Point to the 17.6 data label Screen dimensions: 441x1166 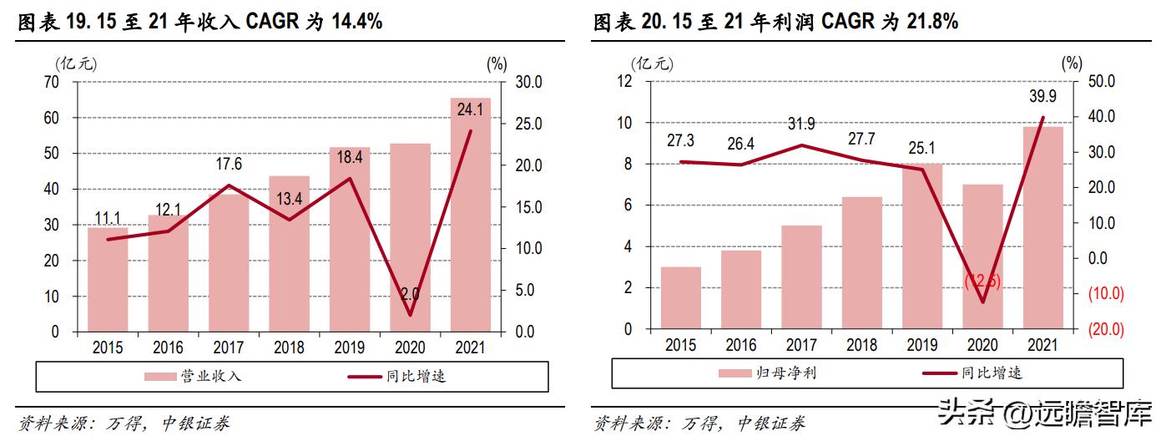tap(228, 164)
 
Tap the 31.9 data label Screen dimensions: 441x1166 tap(801, 124)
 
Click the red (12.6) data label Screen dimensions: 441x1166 tap(982, 282)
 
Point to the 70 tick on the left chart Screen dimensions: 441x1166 tap(52, 82)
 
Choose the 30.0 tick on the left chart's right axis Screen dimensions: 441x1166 tap(527, 82)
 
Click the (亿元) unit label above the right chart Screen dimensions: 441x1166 tap(652, 63)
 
